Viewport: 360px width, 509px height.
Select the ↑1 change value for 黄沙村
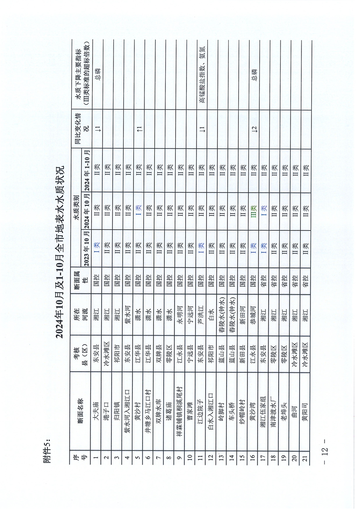138,129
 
